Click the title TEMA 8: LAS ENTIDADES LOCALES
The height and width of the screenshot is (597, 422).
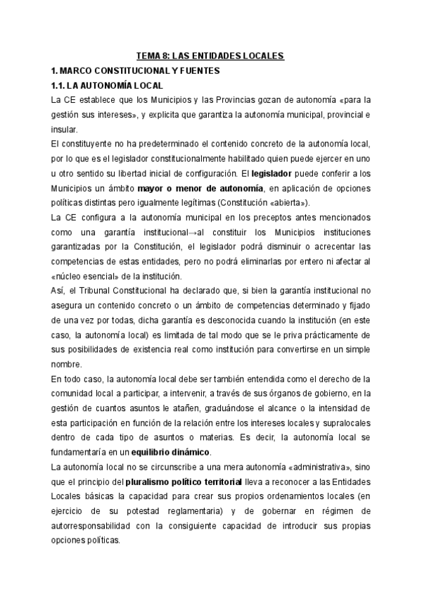[x=210, y=55]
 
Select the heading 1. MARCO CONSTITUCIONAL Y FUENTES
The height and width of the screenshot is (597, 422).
[x=130, y=70]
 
